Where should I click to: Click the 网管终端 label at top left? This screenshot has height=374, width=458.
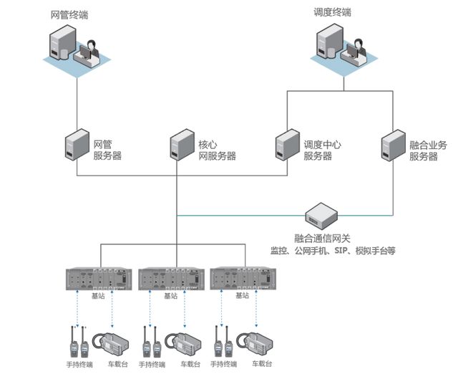[x=71, y=14]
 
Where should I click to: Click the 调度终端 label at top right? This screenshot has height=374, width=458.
[x=333, y=12]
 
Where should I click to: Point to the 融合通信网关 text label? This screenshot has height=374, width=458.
[x=323, y=238]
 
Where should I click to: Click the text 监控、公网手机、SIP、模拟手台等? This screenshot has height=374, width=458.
[x=332, y=251]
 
